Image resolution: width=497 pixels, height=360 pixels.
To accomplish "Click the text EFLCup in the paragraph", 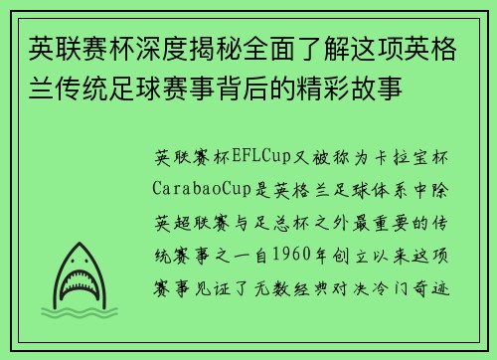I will [x=255, y=158].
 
